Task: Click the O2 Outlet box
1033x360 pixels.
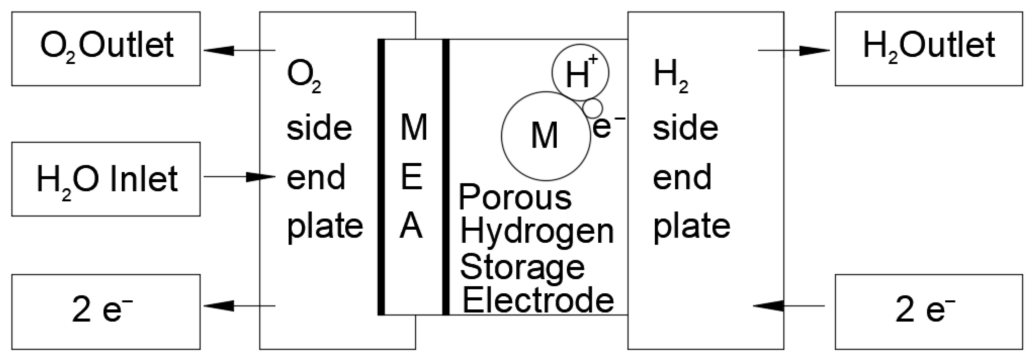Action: pos(106,49)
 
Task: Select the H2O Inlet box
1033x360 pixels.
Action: pos(106,179)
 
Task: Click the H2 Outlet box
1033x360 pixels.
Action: pos(929,49)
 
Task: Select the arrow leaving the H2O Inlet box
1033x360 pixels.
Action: pos(239,176)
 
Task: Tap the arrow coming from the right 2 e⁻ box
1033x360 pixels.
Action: pos(788,306)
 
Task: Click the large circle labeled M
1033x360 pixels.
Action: pos(545,136)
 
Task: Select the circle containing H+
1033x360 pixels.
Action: pos(580,73)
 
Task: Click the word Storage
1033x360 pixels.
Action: pos(522,268)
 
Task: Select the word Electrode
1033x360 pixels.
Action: pos(538,301)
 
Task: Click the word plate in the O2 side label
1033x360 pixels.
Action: pos(325,227)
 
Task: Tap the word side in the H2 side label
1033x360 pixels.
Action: pos(685,129)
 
